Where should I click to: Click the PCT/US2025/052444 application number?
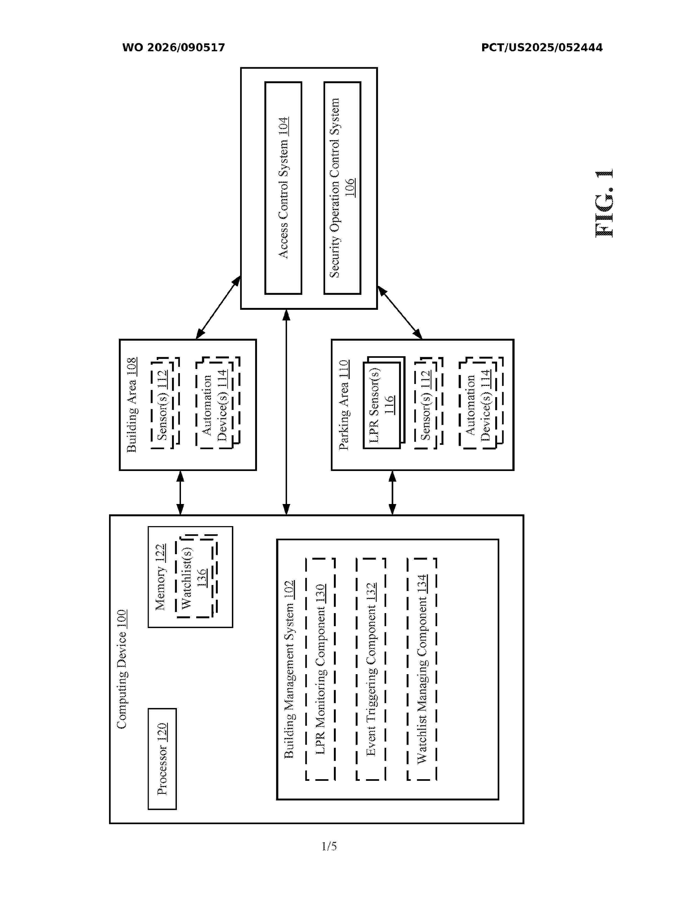coord(542,48)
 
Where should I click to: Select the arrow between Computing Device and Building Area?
coord(180,493)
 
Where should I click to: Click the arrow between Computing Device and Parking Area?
coord(392,493)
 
